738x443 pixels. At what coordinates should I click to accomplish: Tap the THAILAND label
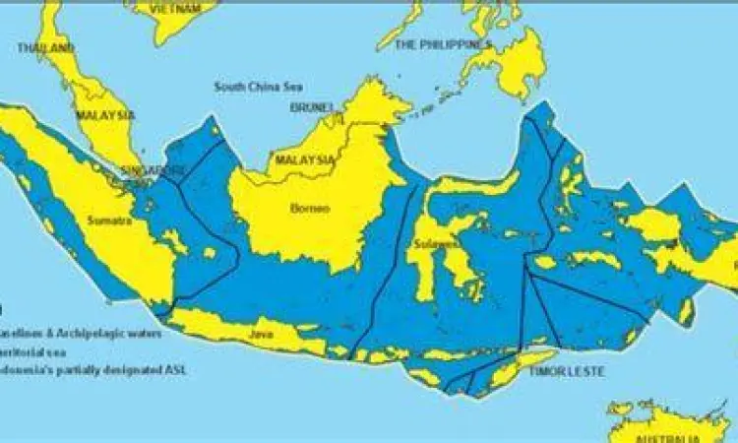[x=44, y=47]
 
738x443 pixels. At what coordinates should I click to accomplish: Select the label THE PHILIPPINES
[x=442, y=45]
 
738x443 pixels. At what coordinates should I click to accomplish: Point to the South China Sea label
[x=258, y=87]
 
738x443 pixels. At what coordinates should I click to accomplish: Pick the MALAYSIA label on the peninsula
[x=103, y=115]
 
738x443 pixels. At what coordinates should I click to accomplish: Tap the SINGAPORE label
[x=153, y=169]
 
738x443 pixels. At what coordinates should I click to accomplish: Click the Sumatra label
[x=108, y=221]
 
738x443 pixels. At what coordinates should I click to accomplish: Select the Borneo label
[x=310, y=208]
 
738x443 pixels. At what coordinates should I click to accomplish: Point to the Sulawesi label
[x=434, y=243]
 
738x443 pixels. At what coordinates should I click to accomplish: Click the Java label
[x=260, y=335]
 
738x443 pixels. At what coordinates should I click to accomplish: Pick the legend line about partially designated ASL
[x=92, y=370]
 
